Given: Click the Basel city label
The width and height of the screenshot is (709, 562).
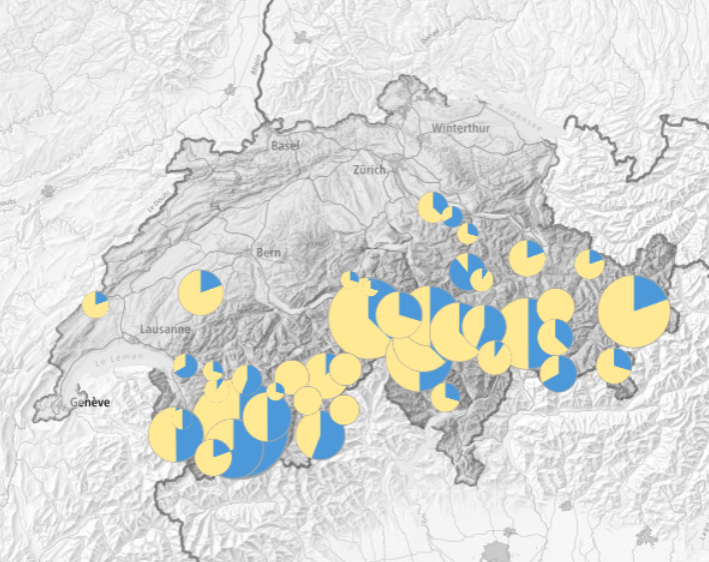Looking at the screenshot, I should pyautogui.click(x=285, y=146).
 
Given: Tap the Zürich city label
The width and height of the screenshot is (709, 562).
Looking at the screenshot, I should pyautogui.click(x=368, y=170).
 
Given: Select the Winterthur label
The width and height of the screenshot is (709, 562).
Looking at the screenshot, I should pyautogui.click(x=462, y=129).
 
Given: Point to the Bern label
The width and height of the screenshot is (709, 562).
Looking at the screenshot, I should pyautogui.click(x=268, y=252).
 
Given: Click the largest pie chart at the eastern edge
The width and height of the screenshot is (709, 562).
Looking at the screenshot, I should pyautogui.click(x=633, y=309).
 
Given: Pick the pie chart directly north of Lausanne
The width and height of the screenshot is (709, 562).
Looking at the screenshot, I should pyautogui.click(x=201, y=292).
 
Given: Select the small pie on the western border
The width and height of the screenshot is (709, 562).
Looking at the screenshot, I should pyautogui.click(x=96, y=304).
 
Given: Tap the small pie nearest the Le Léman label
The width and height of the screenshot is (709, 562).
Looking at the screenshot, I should pyautogui.click(x=185, y=365).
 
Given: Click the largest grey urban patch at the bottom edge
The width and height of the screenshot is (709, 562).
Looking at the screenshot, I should pyautogui.click(x=496, y=551).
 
